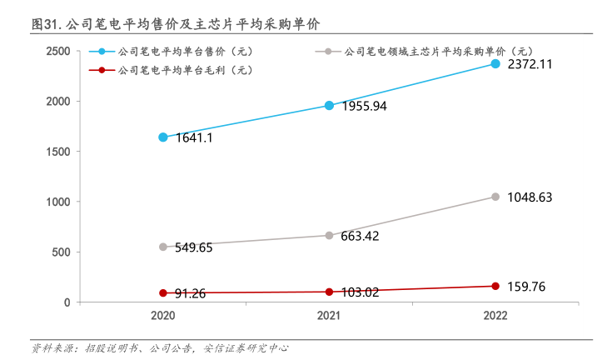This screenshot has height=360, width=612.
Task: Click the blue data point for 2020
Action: click(163, 137)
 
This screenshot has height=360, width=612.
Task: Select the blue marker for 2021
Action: click(329, 105)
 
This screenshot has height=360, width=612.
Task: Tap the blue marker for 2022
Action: click(495, 63)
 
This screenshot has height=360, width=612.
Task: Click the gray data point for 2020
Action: click(163, 247)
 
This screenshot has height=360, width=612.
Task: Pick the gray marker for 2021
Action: click(329, 235)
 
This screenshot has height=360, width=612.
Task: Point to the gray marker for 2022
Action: click(495, 197)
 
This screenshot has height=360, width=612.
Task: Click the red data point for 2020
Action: click(163, 292)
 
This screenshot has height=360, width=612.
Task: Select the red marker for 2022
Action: click(495, 286)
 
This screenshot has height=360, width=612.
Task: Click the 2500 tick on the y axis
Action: click(57, 51)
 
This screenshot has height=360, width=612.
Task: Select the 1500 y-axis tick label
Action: click(57, 152)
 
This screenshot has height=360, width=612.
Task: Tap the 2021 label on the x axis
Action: click(329, 317)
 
